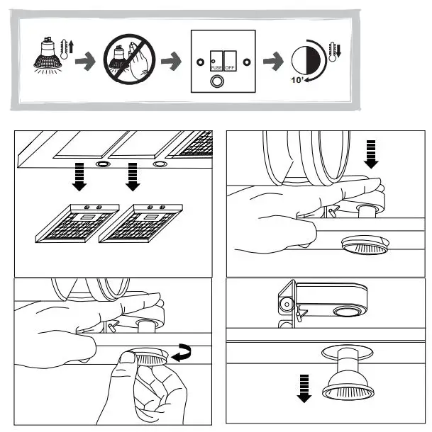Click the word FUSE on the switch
click(x=216, y=67)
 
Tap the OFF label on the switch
click(x=230, y=67)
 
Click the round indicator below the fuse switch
click(x=217, y=81)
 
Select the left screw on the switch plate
click(x=201, y=62)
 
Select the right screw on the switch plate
click(x=247, y=62)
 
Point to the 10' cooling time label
click(x=297, y=80)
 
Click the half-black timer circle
click(x=306, y=60)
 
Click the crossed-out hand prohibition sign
click(x=130, y=59)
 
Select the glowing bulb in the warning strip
click(x=48, y=56)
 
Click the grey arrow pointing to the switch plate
click(x=172, y=61)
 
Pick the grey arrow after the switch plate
click(x=273, y=61)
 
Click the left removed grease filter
click(x=77, y=224)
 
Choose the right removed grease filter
click(x=140, y=224)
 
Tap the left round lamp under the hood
click(x=103, y=164)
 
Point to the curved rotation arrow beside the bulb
click(x=182, y=353)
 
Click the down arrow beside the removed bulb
click(x=304, y=389)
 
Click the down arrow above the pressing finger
click(x=371, y=154)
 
